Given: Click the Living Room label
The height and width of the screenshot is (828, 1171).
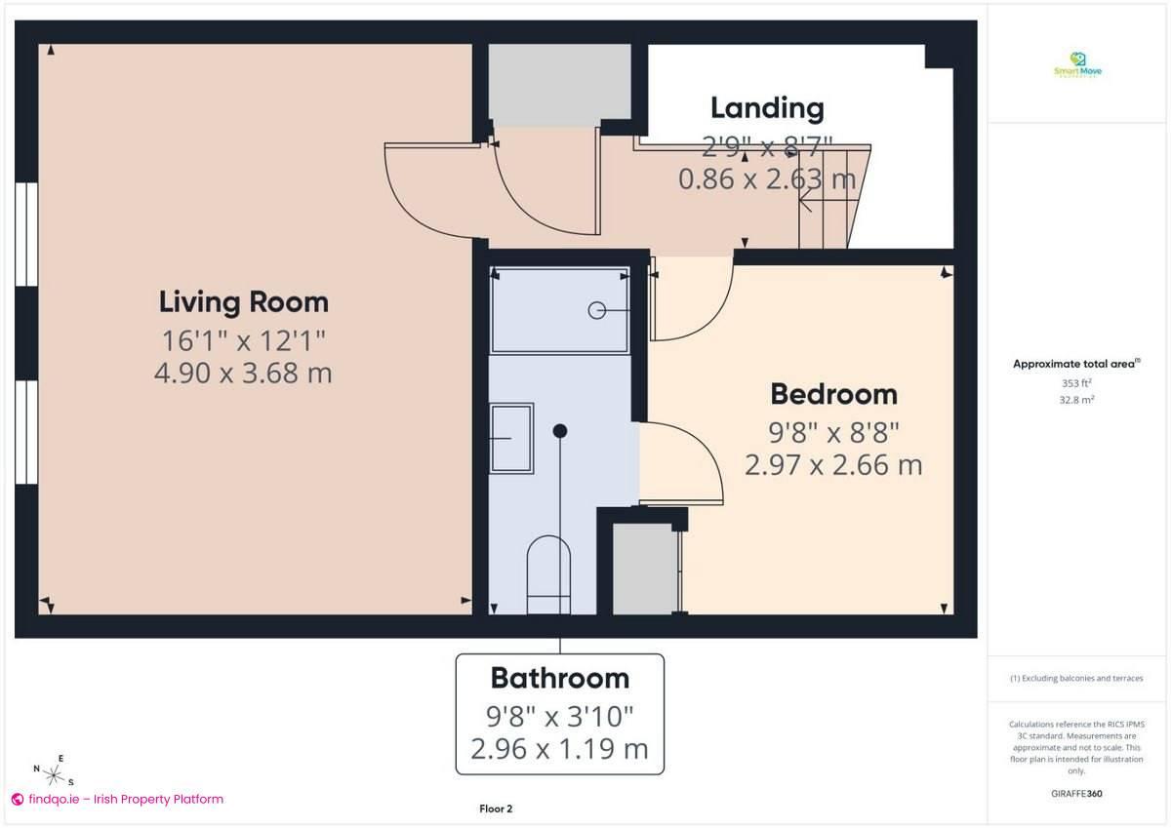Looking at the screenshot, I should click(x=243, y=301).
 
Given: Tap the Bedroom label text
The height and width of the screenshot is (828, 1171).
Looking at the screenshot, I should click(x=833, y=394).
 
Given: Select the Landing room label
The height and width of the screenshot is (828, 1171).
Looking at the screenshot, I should click(x=767, y=107).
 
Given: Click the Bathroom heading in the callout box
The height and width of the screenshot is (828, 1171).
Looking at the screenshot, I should click(x=559, y=678).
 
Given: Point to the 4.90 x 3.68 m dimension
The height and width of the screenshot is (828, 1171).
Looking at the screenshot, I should click(x=243, y=373).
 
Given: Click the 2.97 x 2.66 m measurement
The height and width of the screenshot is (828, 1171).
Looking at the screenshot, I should click(x=833, y=464).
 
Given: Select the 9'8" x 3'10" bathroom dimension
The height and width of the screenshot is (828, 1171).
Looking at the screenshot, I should click(x=559, y=717).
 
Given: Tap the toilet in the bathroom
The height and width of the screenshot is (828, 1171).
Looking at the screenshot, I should click(x=547, y=575).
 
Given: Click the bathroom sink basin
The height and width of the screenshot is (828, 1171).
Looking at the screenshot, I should click(x=511, y=439).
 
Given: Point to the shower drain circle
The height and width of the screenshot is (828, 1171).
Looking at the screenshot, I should click(x=596, y=310).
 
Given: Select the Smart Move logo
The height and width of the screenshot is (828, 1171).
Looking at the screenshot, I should click(x=1077, y=65).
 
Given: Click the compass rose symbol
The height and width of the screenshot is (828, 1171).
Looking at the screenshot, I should click(x=55, y=774).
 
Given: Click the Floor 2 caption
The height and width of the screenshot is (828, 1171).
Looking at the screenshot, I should click(x=496, y=808).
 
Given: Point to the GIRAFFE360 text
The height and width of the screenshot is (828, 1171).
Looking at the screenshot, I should click(x=1077, y=794).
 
